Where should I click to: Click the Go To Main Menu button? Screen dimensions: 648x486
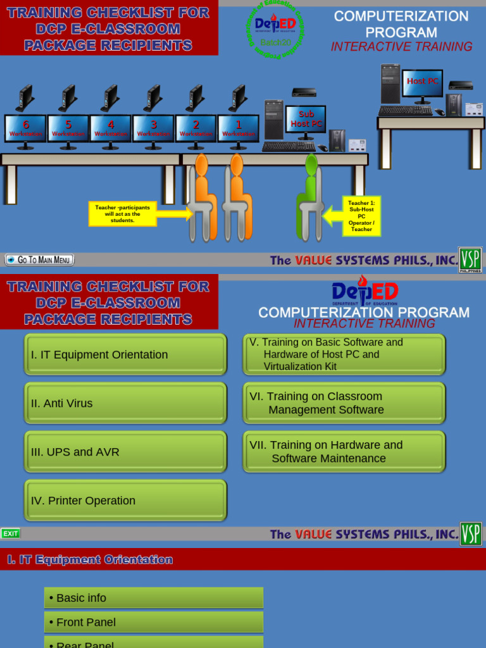[39, 259]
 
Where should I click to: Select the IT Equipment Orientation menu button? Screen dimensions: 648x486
[125, 354]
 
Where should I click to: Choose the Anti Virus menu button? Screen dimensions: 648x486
[125, 403]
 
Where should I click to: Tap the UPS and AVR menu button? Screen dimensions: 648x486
[125, 452]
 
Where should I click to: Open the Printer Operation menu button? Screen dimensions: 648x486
[125, 501]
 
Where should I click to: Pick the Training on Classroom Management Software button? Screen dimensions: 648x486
[344, 403]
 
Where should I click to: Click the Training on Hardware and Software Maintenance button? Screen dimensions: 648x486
[344, 452]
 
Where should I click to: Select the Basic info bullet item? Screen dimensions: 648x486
[154, 598]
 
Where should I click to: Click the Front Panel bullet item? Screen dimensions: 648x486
[154, 622]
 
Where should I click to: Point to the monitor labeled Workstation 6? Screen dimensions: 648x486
[25, 128]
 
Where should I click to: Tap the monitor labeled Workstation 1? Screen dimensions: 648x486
[239, 128]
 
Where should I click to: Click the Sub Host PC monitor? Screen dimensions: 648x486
[306, 119]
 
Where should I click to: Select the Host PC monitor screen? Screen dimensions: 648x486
[422, 83]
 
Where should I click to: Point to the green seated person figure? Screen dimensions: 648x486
[311, 196]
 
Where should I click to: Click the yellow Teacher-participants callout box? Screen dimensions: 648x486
[123, 214]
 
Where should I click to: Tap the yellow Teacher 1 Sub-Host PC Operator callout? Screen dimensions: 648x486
[361, 216]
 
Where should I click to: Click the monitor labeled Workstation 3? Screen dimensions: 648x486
[153, 128]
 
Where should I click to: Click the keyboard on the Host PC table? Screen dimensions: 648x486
[405, 111]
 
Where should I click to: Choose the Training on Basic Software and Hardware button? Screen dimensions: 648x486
[344, 354]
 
